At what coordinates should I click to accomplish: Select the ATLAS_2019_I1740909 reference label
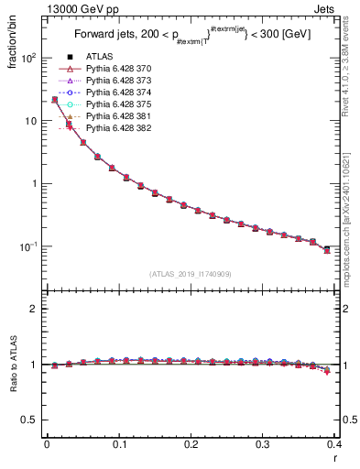191,274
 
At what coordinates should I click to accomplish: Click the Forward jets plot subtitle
191,36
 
